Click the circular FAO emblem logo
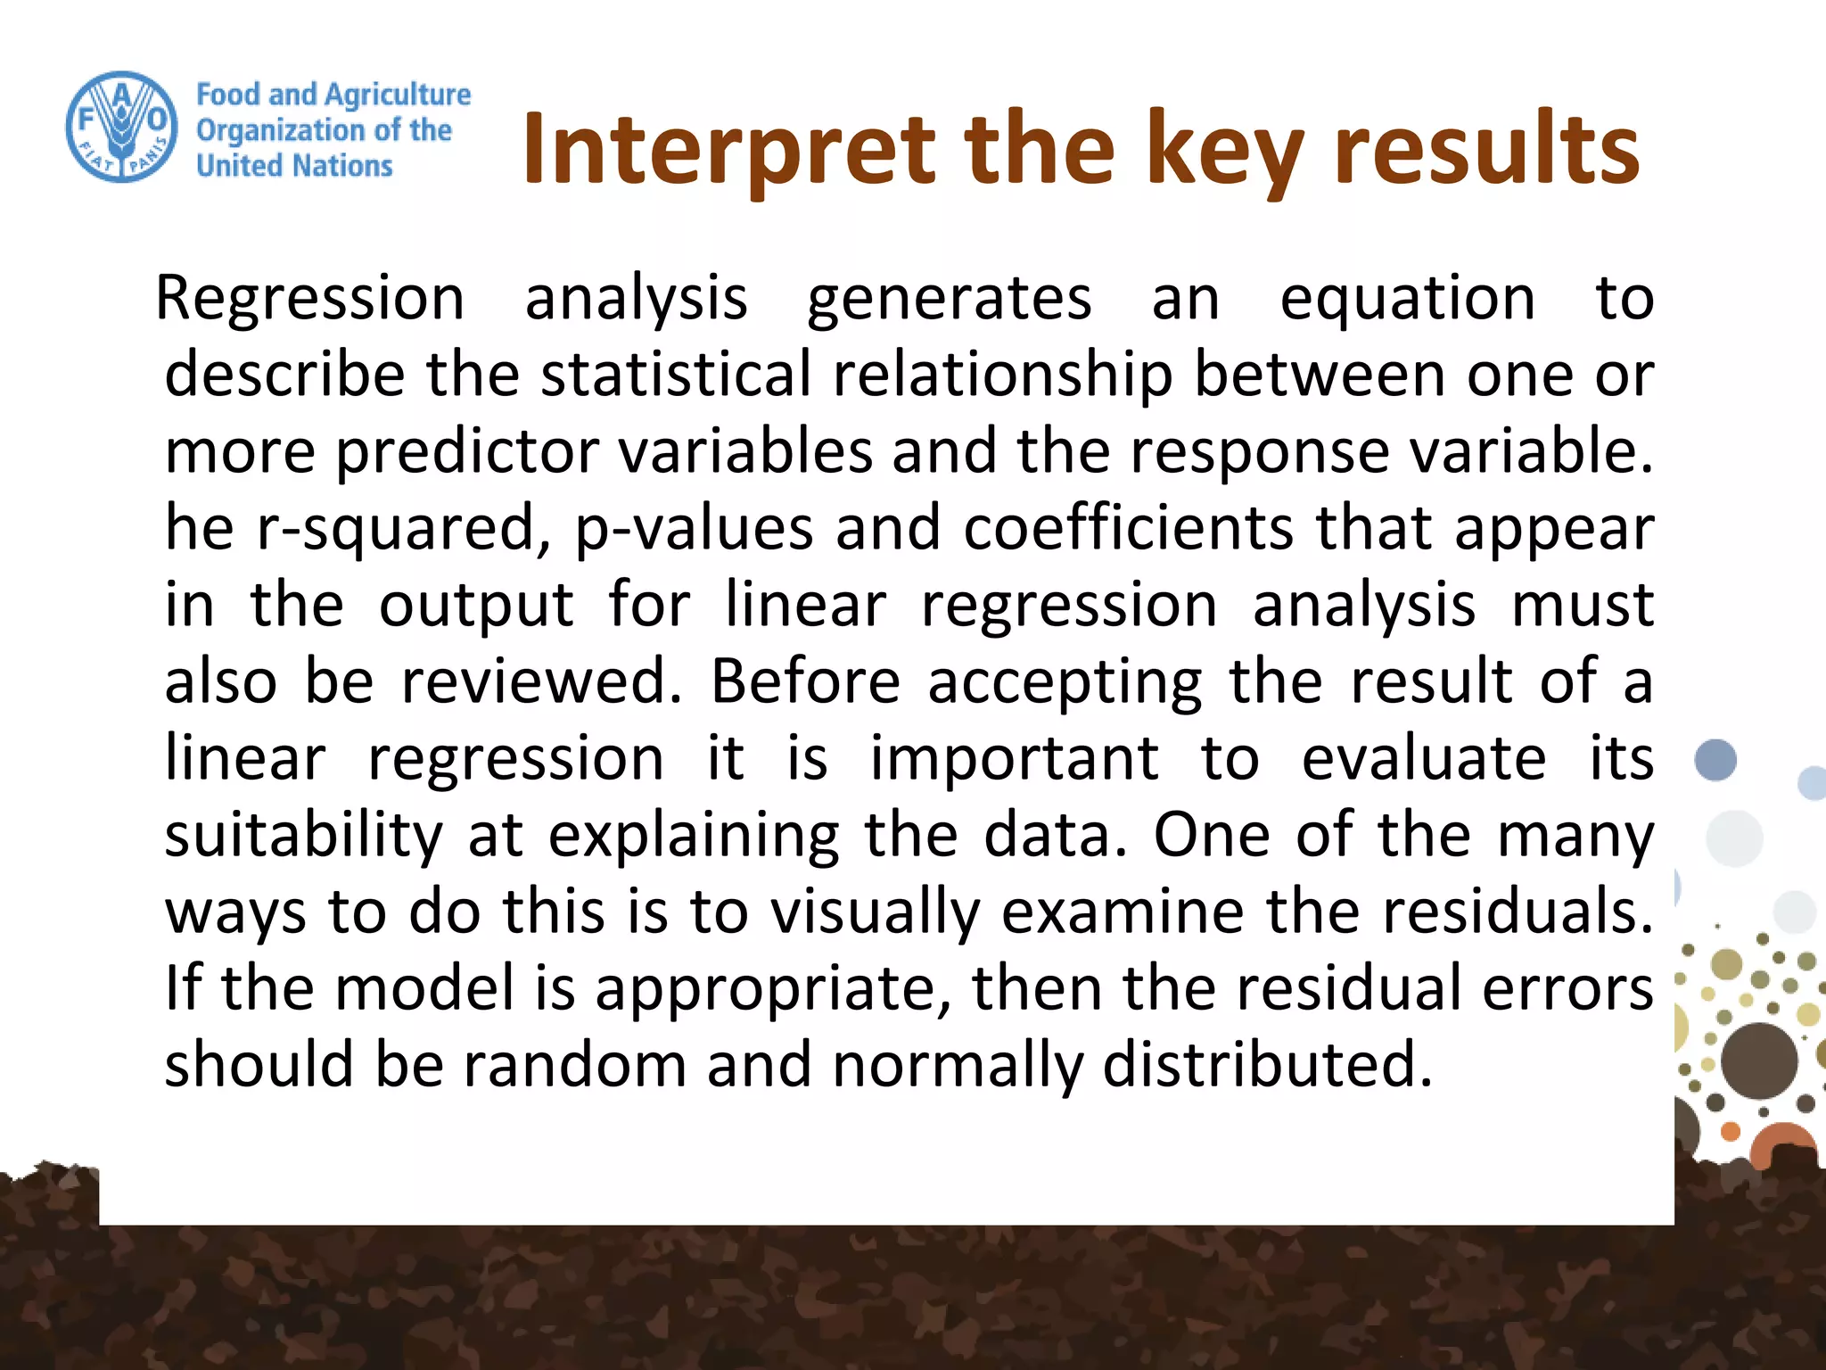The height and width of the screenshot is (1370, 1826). (x=121, y=128)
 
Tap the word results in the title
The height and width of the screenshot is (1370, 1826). (x=1486, y=150)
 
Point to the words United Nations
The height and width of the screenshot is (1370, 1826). (x=294, y=166)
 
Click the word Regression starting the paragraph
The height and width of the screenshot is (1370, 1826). (x=310, y=298)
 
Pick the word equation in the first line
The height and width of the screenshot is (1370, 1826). (x=1407, y=298)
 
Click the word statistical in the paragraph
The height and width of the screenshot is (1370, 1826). (x=676, y=375)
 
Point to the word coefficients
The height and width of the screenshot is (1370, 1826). (x=1129, y=528)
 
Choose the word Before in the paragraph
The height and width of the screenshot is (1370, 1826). (x=805, y=681)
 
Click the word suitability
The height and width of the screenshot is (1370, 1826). (x=303, y=835)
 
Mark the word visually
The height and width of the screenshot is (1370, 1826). (x=876, y=912)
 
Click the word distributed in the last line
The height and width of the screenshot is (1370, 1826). (x=1266, y=1065)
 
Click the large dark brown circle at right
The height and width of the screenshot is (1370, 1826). (x=1758, y=1061)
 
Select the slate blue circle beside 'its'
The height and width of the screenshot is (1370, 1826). (x=1715, y=760)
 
